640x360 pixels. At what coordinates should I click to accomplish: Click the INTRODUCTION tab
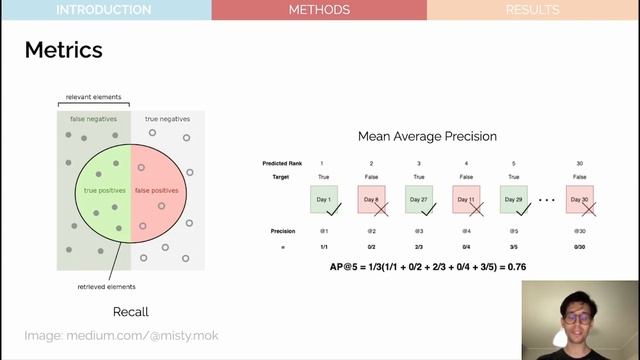point(104,10)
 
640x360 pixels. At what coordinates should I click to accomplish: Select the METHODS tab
point(319,10)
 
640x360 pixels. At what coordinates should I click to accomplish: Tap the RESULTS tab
point(533,10)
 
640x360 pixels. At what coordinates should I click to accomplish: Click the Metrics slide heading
point(63,49)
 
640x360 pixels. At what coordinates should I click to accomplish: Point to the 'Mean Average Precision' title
point(427,136)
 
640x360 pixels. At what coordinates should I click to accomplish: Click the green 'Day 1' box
point(323,199)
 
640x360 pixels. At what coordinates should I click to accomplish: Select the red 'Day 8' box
point(371,199)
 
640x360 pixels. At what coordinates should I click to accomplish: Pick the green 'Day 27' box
point(418,199)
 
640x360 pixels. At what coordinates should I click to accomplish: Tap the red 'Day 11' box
point(466,199)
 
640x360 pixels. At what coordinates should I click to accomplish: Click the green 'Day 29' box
point(514,199)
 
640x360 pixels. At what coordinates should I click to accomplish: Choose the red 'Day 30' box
point(580,199)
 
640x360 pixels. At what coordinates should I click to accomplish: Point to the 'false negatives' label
point(93,119)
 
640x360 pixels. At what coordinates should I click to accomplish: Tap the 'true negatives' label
point(166,119)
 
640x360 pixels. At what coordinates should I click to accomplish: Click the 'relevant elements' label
point(93,97)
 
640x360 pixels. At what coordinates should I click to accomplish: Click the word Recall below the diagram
point(130,312)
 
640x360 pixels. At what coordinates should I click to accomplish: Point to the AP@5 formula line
point(427,267)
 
